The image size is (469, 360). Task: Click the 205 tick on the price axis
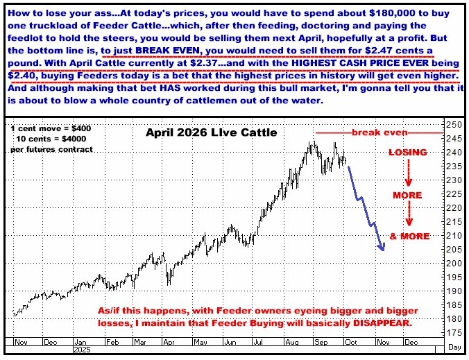(x=454, y=250)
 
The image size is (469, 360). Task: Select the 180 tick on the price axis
(x=454, y=319)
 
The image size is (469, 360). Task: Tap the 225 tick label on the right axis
(x=454, y=194)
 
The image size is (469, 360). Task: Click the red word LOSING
(x=408, y=151)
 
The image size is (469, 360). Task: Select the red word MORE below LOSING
(x=407, y=194)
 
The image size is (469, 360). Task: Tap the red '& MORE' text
(x=409, y=237)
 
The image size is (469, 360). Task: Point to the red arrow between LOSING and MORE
(x=409, y=172)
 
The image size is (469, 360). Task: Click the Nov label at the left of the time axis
(x=19, y=342)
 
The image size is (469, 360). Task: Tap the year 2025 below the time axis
(x=82, y=351)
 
